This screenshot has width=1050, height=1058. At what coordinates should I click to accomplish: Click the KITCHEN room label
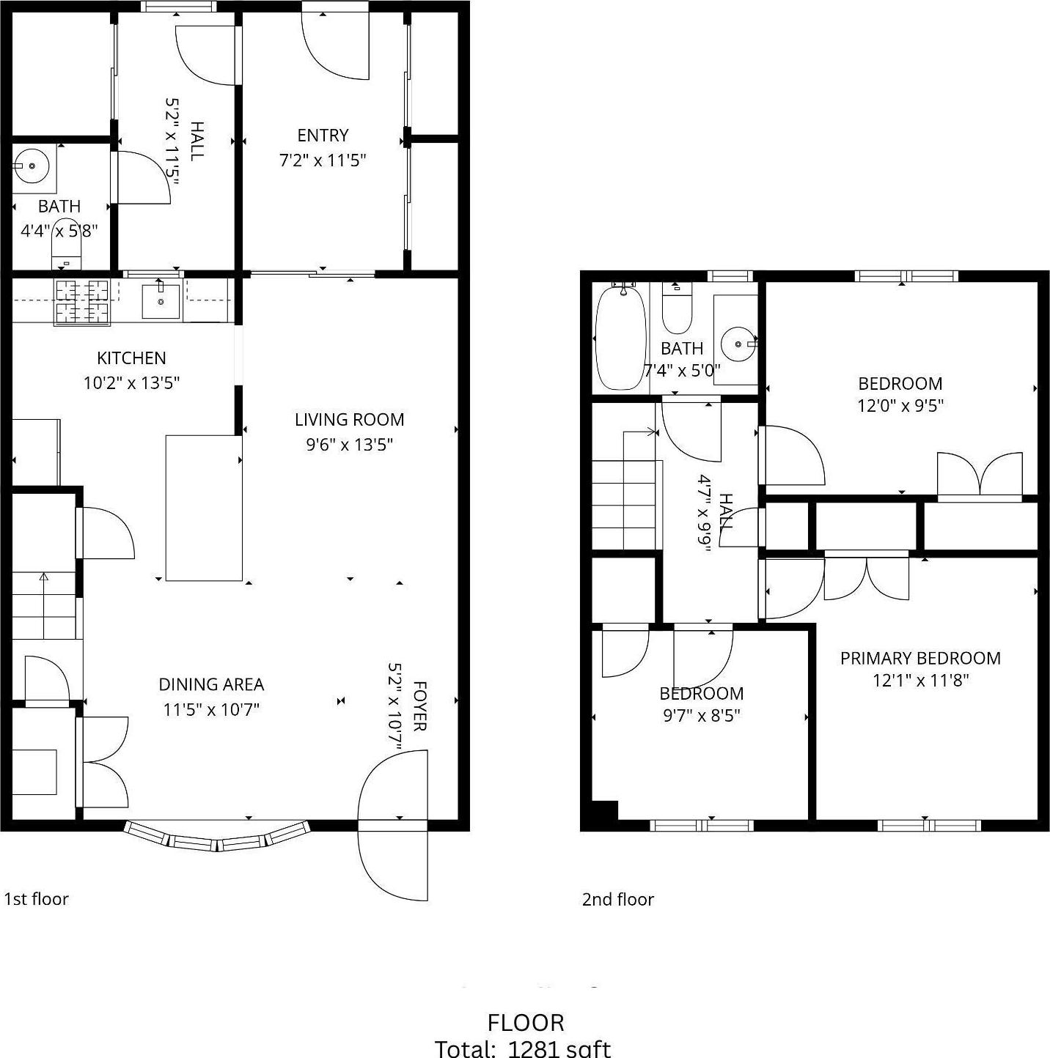(x=131, y=358)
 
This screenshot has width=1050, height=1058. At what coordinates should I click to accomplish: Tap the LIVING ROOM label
(x=349, y=420)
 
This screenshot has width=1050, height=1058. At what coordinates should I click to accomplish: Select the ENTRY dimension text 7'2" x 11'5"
(x=323, y=160)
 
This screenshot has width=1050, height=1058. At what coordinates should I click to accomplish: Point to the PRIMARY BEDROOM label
(x=920, y=658)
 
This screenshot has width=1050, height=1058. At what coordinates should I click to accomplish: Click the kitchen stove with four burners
(x=81, y=301)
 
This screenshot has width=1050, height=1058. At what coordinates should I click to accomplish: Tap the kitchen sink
(x=161, y=301)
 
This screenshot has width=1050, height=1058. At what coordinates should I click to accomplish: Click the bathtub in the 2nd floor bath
(x=621, y=339)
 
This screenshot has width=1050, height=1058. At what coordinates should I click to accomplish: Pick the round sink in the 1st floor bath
(x=32, y=166)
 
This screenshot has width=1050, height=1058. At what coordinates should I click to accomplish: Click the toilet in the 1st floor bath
(x=66, y=244)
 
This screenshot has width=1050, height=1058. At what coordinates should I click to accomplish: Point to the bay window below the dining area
(x=217, y=837)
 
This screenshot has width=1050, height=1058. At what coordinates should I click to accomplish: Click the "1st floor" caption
(x=37, y=899)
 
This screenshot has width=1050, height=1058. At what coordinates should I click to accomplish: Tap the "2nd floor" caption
(x=617, y=900)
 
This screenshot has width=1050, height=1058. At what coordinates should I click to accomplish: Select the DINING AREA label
(x=211, y=684)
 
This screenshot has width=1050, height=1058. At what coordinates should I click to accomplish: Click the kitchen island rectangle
(x=204, y=508)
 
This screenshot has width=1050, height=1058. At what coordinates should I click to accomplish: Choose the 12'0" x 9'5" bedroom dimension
(x=900, y=405)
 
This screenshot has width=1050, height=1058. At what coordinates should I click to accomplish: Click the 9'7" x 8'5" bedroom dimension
(x=701, y=715)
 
